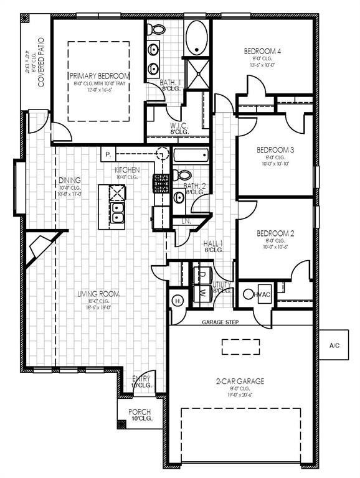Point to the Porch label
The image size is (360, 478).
[x=140, y=412]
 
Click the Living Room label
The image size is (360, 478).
[x=98, y=294]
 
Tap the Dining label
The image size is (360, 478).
[x=70, y=180]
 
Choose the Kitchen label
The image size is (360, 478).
[x=126, y=170]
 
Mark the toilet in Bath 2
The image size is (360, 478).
[x=177, y=174]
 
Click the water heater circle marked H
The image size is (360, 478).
[x=177, y=301]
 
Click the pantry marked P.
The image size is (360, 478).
[x=108, y=154]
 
